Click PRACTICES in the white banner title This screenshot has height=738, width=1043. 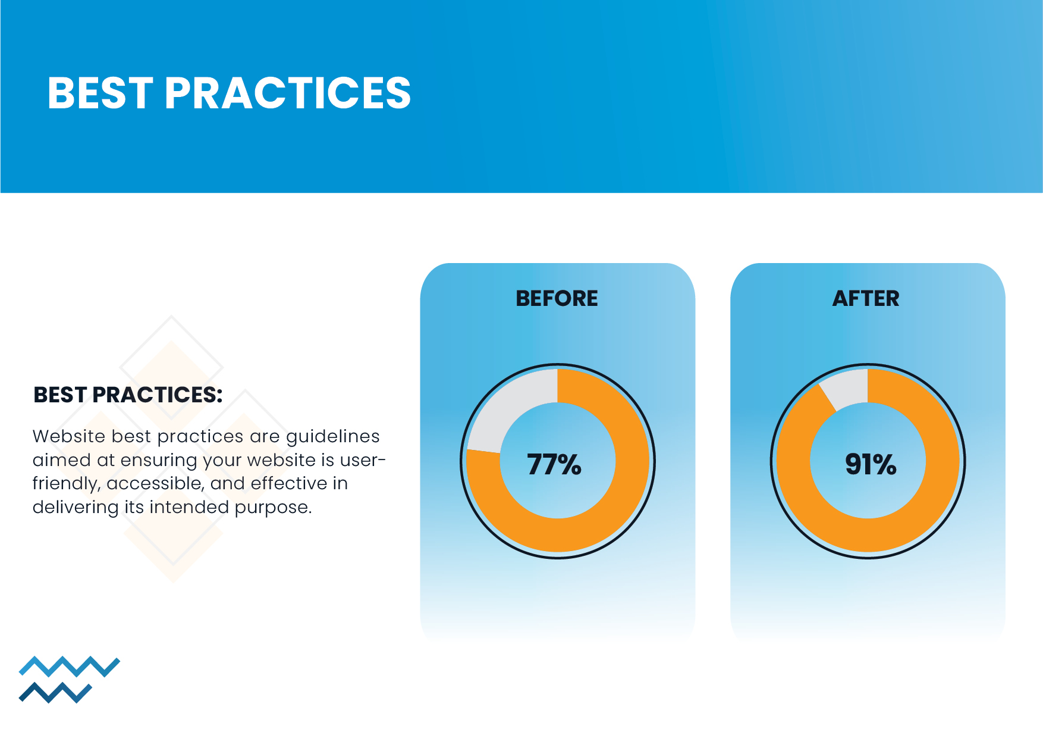[x=288, y=93]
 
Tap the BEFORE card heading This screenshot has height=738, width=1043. [x=557, y=298]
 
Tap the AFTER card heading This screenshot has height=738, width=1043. [x=866, y=298]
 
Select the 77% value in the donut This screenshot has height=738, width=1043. [x=554, y=464]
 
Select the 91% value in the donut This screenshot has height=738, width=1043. [x=871, y=464]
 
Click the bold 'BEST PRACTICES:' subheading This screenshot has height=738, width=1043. [x=128, y=395]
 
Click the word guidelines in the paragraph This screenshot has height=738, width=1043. [x=333, y=437]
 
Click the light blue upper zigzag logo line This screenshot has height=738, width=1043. [x=70, y=667]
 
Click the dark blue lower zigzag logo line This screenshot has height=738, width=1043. [x=55, y=693]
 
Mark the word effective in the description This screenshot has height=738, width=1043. [x=289, y=483]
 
